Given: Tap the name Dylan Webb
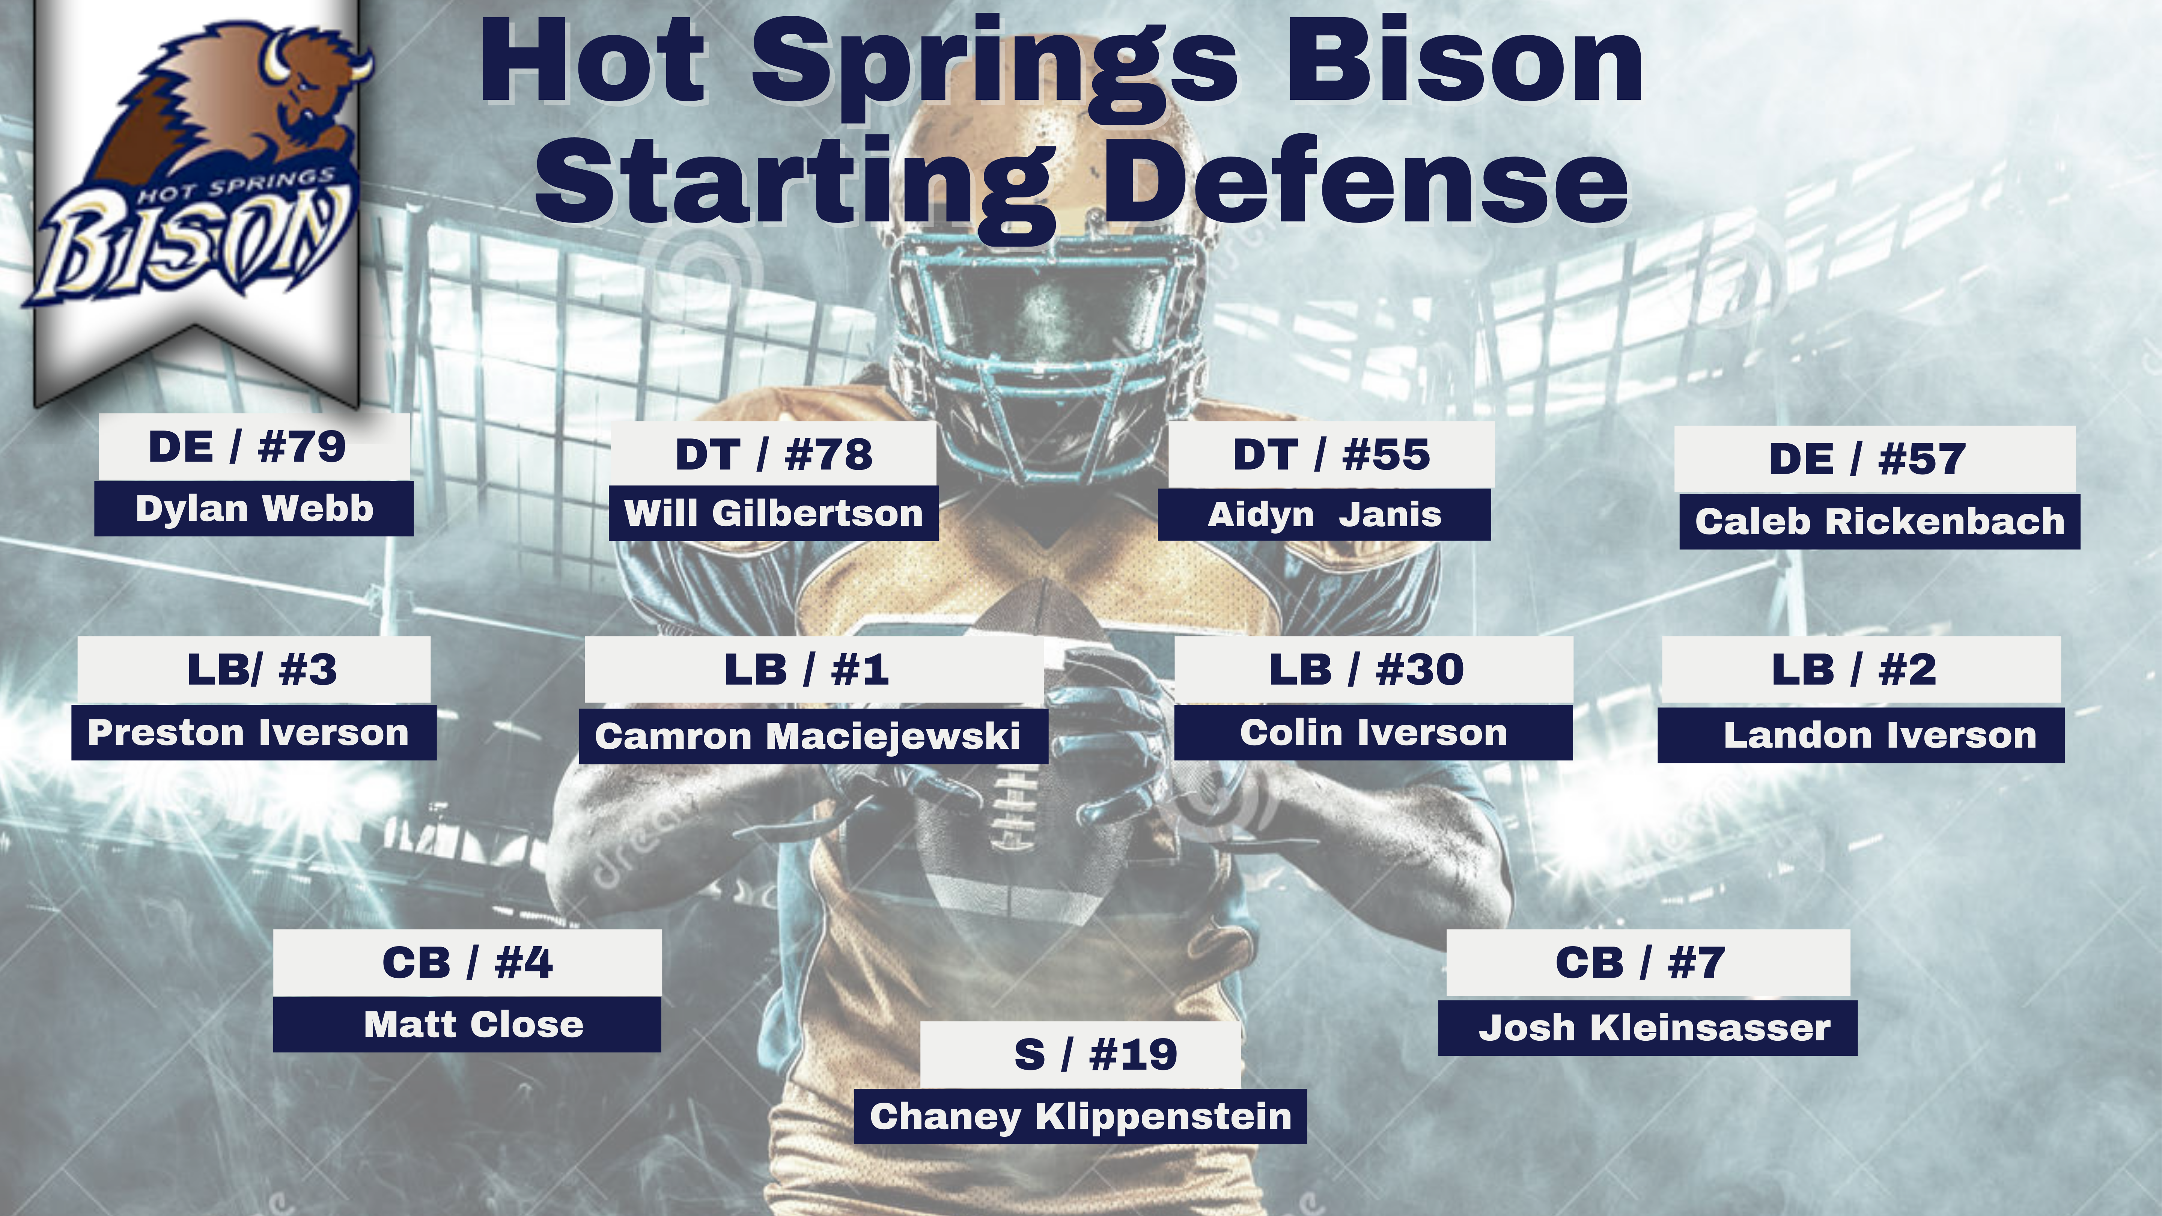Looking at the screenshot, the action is click(254, 509).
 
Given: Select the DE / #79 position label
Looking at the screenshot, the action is click(247, 447).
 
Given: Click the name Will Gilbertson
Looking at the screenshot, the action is click(773, 513).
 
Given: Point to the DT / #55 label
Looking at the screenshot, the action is click(1331, 454).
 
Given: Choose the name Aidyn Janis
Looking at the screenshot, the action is click(1324, 515).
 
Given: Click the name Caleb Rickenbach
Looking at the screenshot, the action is click(1879, 521).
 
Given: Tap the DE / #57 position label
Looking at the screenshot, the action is click(1867, 459).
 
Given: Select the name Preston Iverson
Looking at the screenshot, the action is click(248, 733).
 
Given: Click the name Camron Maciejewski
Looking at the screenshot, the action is click(807, 736).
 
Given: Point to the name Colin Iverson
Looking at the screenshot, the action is click(1374, 733).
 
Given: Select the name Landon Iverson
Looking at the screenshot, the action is click(1880, 735).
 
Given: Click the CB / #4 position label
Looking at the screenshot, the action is click(467, 963).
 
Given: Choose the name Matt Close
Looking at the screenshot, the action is click(473, 1025).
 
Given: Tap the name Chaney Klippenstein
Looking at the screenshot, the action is click(1080, 1116).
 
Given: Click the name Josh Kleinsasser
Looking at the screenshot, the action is click(1654, 1028).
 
